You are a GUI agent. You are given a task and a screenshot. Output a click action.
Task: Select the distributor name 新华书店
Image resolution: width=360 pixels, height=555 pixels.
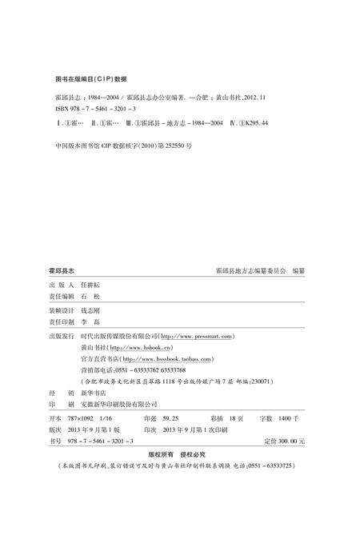pos(94,393)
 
